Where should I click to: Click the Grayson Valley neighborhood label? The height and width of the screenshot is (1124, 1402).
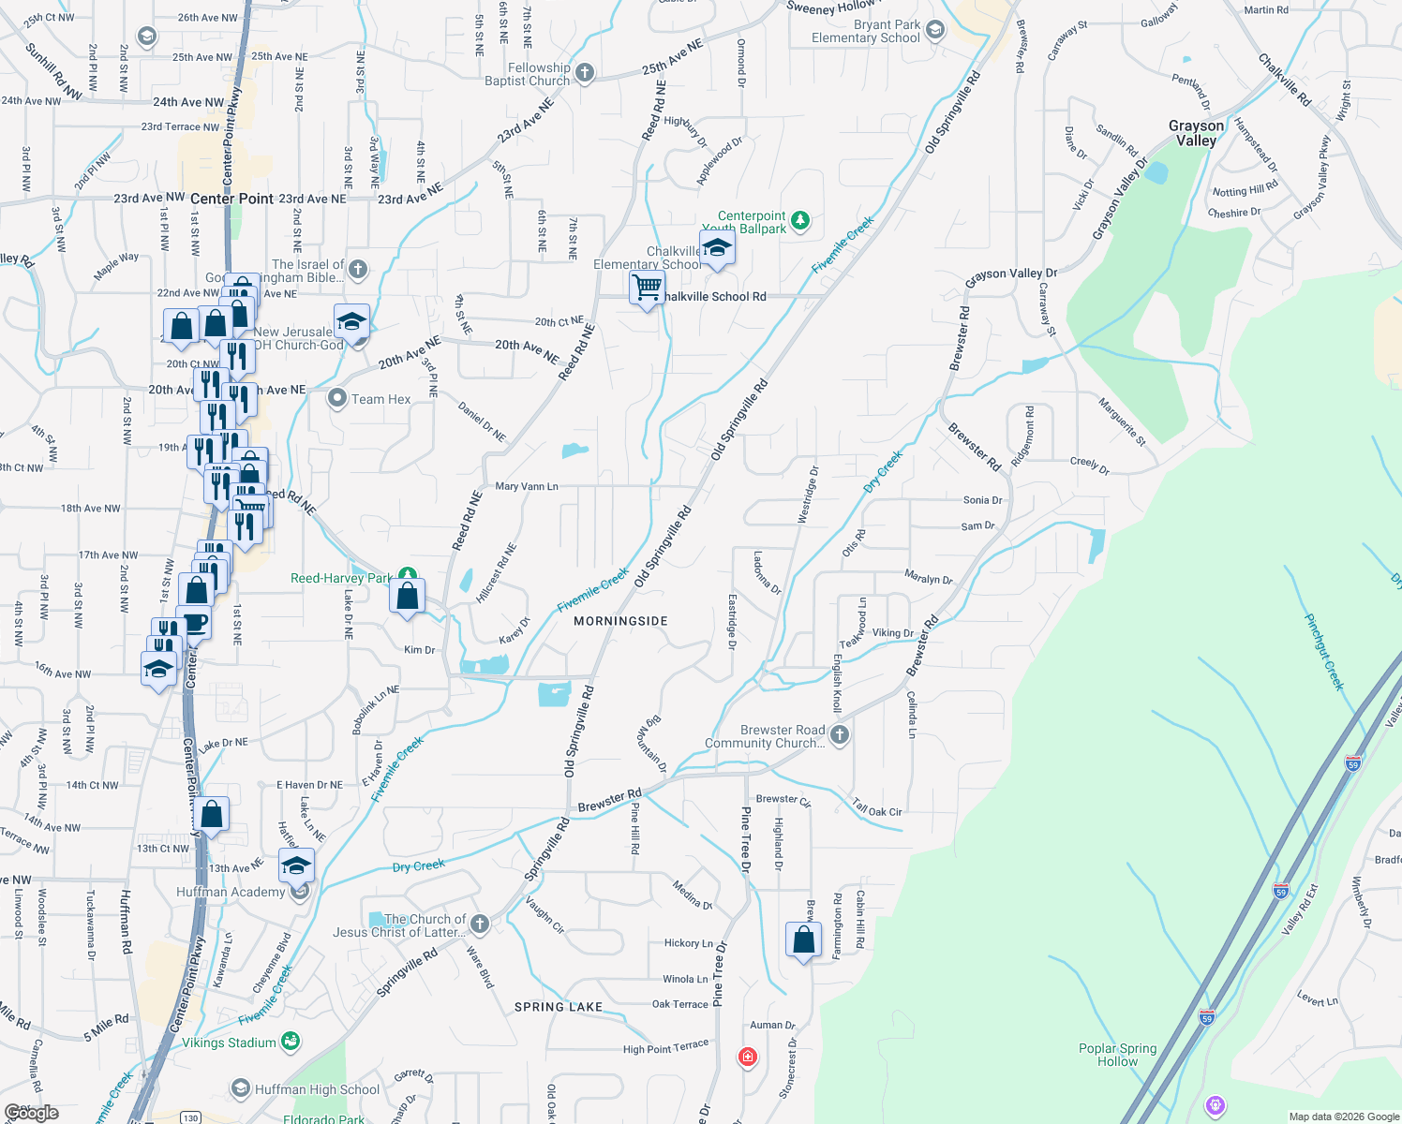click(x=1196, y=133)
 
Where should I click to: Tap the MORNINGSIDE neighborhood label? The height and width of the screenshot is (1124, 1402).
click(x=620, y=621)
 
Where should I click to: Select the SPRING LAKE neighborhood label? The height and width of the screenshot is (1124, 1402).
click(x=559, y=1007)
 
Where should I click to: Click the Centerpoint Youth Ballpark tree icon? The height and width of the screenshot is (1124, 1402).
click(x=799, y=221)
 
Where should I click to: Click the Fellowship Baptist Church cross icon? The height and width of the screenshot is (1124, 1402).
click(x=584, y=73)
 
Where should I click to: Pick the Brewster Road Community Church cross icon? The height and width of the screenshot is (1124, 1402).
click(x=840, y=735)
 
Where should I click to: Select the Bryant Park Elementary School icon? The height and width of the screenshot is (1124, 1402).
click(x=934, y=31)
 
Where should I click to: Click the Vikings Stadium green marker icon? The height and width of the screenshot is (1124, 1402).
click(x=291, y=1041)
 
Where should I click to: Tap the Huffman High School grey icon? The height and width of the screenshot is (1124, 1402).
click(x=240, y=1088)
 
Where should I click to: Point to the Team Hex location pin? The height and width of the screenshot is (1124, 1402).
click(x=336, y=398)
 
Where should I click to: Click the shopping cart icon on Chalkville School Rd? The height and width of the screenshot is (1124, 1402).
click(x=647, y=288)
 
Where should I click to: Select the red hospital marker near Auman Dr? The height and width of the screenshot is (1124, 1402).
click(x=747, y=1057)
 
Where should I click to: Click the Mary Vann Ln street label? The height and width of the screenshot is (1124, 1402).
click(x=527, y=486)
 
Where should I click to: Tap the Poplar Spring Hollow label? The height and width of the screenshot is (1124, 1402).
click(x=1117, y=1055)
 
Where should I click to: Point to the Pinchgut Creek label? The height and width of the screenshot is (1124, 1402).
click(x=1324, y=652)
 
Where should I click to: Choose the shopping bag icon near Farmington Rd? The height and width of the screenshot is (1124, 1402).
click(x=804, y=939)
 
